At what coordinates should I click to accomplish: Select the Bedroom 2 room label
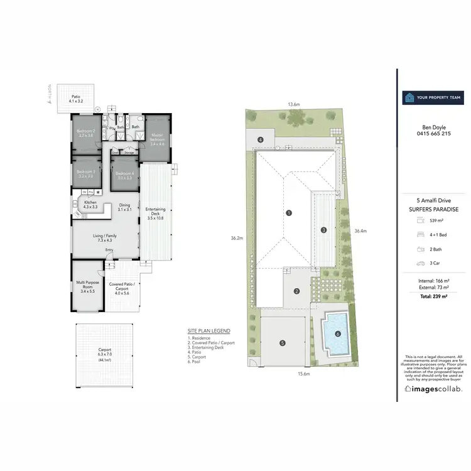pos(85,133)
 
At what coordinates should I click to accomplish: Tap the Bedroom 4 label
pos(124,175)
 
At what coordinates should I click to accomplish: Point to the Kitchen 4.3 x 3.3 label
pos(90,204)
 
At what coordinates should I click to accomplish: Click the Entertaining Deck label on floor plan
pos(154,213)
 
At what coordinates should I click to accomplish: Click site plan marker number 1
pos(289,213)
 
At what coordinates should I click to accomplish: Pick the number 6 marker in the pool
pos(338,334)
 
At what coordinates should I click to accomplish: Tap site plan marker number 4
pos(261,139)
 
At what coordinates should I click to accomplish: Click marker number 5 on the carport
pos(283,343)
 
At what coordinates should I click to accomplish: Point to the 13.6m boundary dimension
pos(294,104)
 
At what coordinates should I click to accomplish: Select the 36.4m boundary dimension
pos(360,230)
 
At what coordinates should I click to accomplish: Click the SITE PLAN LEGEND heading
pos(208,331)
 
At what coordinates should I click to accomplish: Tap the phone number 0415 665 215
pos(433,134)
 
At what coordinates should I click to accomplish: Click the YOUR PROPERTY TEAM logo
pos(433,97)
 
